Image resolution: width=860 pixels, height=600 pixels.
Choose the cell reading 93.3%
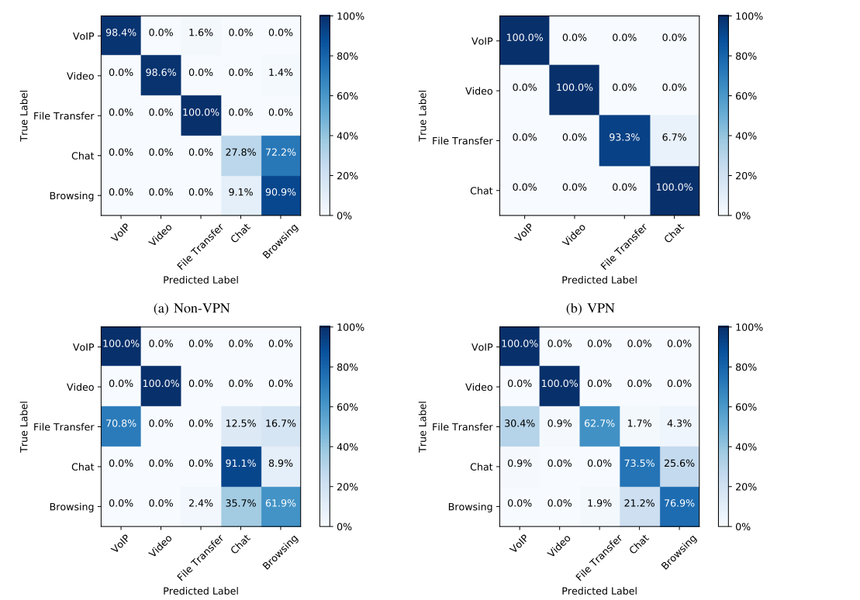624,140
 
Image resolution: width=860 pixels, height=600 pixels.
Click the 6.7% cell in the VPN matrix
674,140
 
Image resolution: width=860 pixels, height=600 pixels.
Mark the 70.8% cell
121,427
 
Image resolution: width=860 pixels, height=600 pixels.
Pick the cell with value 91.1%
241,467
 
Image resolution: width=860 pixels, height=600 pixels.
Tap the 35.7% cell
241,507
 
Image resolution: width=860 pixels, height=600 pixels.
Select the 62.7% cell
599,427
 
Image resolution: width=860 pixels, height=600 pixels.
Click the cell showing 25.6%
679,467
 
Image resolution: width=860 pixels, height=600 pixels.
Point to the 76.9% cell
679,507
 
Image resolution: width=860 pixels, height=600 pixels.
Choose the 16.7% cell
281,427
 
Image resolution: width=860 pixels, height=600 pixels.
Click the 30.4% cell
520,427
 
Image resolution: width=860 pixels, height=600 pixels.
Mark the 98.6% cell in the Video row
161,76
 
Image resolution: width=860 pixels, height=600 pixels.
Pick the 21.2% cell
639,507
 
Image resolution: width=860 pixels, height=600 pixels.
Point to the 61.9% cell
281,507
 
